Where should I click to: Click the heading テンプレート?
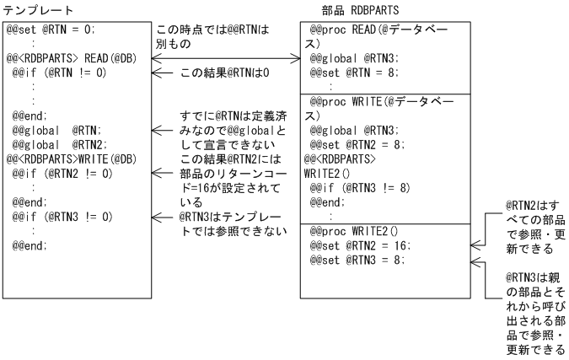(x=39, y=9)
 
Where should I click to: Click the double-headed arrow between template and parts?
(x=225, y=59)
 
